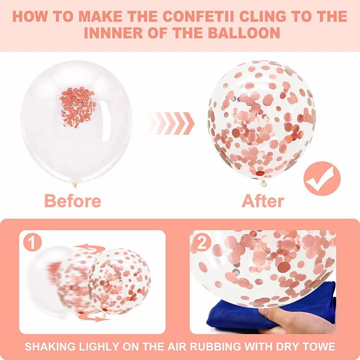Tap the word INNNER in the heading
point(114,33)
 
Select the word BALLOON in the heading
point(244,33)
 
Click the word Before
point(72,201)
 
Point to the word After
point(263,201)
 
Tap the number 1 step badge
point(32,242)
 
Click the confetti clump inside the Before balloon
point(78,107)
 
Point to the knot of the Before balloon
point(74,185)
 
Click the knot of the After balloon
point(263,183)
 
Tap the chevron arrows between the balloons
point(171,123)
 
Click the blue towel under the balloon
point(271,307)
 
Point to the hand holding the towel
point(296,320)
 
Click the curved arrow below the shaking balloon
point(94,318)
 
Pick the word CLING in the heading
point(262,16)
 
